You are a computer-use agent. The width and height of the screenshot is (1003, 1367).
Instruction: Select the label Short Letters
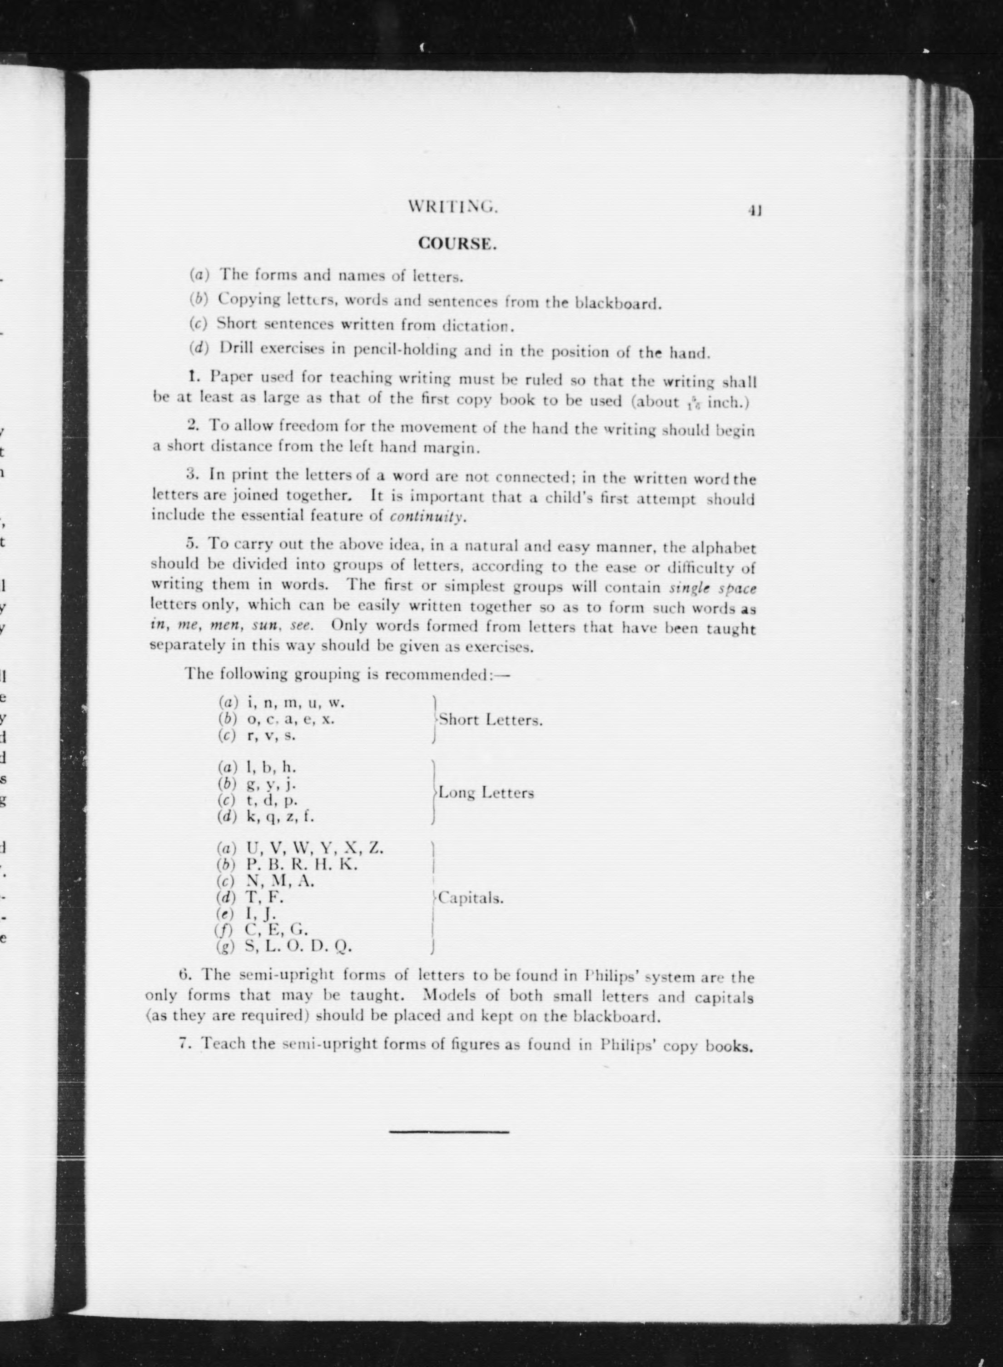click(x=491, y=720)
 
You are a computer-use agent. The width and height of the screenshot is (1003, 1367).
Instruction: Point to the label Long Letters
click(x=487, y=793)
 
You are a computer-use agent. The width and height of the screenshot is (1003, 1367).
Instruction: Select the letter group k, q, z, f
click(x=280, y=816)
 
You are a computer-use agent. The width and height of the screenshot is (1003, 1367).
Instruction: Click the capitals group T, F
click(x=265, y=897)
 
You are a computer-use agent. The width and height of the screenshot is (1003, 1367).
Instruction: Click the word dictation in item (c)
click(x=478, y=326)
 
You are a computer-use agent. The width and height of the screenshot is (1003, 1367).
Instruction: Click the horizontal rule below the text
click(x=449, y=1132)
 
